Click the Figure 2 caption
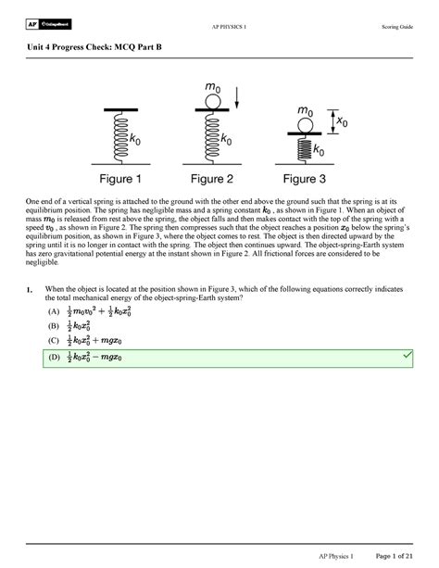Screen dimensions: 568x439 [x=219, y=179]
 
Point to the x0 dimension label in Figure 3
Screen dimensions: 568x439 [x=343, y=121]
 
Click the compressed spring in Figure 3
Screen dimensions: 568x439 [x=305, y=148]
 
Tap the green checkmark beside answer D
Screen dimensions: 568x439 [x=406, y=356]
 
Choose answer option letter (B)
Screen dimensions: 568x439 [x=42, y=327]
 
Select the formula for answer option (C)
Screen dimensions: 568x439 [x=91, y=341]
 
